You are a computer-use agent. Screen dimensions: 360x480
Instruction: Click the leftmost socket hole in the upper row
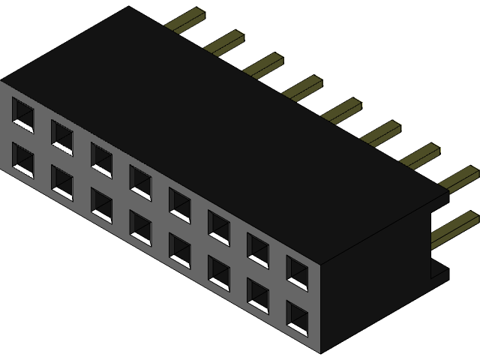pyautogui.click(x=22, y=113)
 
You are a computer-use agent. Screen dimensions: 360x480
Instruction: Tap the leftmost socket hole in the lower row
pyautogui.click(x=22, y=160)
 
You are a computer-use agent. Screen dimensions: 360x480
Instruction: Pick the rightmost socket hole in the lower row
pyautogui.click(x=296, y=318)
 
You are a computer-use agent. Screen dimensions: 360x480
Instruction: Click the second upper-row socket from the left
pyautogui.click(x=61, y=136)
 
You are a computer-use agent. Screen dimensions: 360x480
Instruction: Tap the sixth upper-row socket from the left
pyautogui.click(x=218, y=226)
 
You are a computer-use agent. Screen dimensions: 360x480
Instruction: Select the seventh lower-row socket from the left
pyautogui.click(x=257, y=295)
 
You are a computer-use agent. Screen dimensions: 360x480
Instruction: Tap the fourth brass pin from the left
pyautogui.click(x=304, y=88)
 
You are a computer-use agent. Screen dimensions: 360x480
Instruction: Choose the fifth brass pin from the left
pyautogui.click(x=343, y=110)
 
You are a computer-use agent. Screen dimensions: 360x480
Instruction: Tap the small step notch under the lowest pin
pyautogui.click(x=439, y=271)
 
